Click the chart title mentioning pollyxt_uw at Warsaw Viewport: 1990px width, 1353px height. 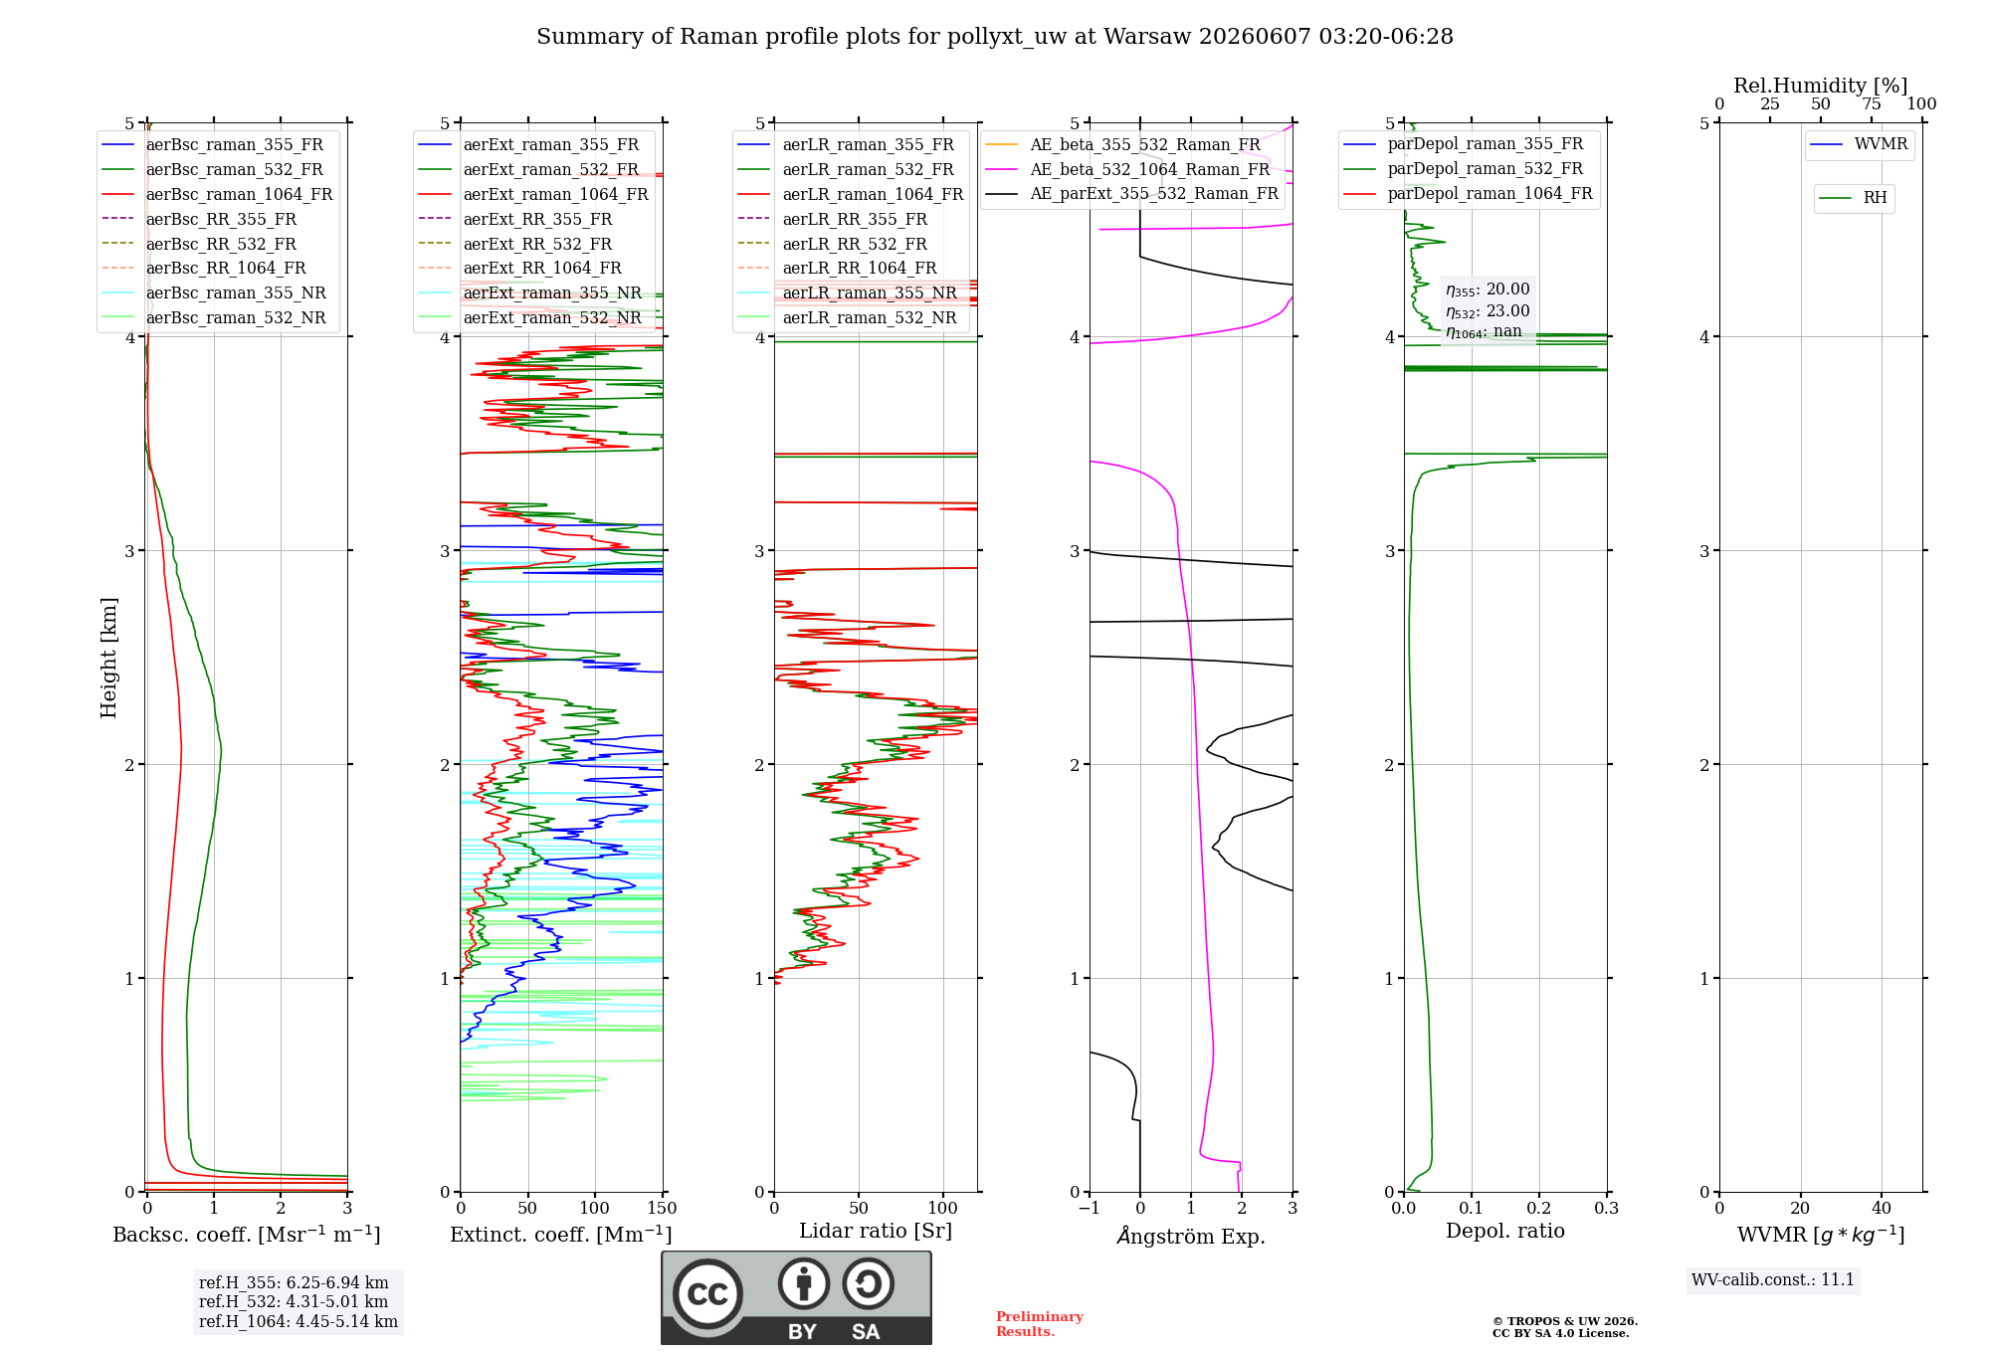tap(995, 37)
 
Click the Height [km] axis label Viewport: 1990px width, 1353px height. tap(108, 658)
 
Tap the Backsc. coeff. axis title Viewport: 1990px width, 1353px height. tap(247, 1234)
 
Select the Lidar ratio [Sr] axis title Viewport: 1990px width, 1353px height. tap(876, 1231)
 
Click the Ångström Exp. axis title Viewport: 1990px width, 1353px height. tap(1191, 1236)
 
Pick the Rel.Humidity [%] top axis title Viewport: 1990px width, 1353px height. tap(1821, 86)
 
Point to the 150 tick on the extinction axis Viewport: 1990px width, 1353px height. tap(662, 1208)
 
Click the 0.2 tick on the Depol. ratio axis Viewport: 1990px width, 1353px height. tap(1539, 1208)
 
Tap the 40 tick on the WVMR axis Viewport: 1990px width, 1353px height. tap(1882, 1208)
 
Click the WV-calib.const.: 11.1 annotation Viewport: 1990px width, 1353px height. tap(1773, 1279)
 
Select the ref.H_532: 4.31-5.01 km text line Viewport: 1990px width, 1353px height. tap(294, 1301)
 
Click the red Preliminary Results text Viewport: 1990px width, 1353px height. tap(1040, 1324)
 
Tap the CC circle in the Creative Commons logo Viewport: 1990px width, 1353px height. tap(707, 1294)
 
